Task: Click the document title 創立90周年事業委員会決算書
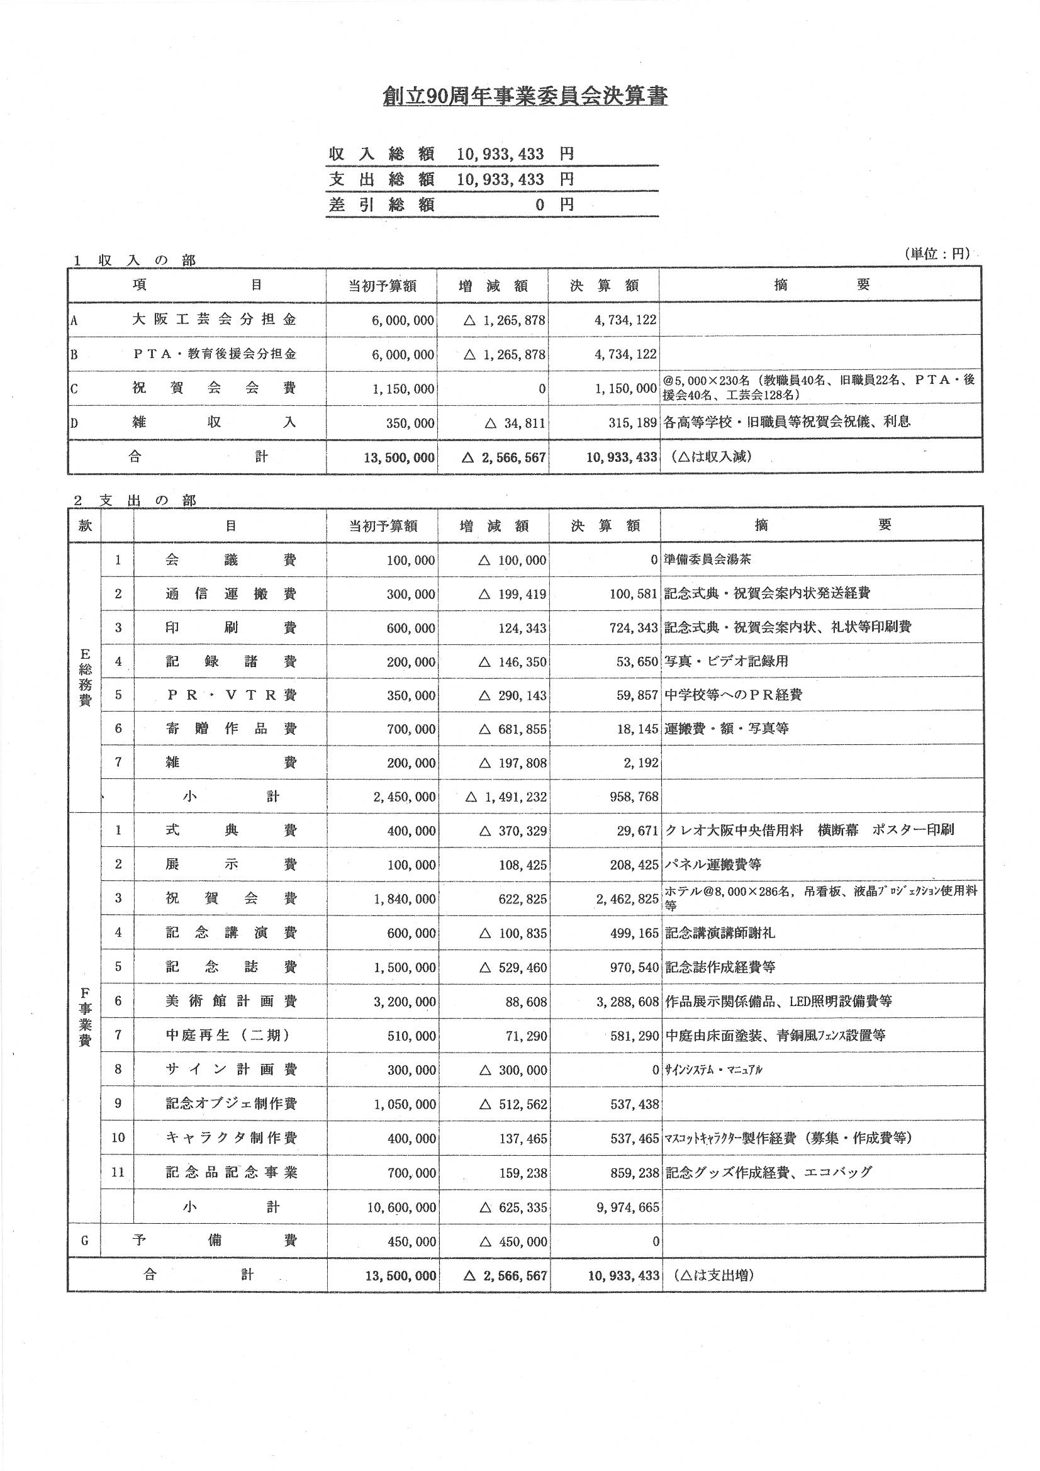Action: click(525, 96)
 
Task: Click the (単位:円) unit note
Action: click(937, 254)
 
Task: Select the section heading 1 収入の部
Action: click(134, 260)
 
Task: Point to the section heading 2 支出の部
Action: click(135, 500)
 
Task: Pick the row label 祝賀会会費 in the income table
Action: click(214, 388)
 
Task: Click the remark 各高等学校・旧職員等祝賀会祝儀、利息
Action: click(787, 422)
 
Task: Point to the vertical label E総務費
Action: click(84, 677)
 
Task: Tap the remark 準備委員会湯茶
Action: click(707, 559)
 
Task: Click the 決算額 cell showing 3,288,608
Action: click(627, 1002)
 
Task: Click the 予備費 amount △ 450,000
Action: click(513, 1241)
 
